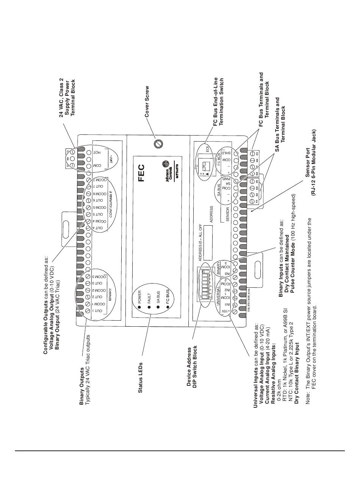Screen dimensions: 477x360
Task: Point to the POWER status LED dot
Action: click(139, 306)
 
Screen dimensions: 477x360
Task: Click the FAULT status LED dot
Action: click(149, 306)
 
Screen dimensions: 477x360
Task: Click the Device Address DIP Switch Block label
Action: click(192, 363)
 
